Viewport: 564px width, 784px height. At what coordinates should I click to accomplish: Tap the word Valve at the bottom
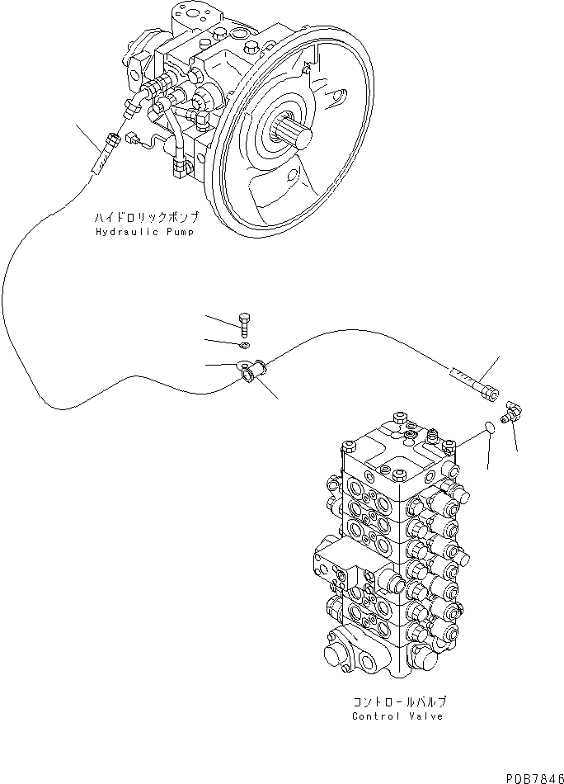click(x=426, y=716)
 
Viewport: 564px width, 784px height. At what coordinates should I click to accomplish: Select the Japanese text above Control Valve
click(x=399, y=702)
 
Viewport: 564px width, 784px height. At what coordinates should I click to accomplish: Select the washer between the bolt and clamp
click(x=245, y=344)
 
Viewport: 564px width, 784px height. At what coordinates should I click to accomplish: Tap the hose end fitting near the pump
click(x=101, y=158)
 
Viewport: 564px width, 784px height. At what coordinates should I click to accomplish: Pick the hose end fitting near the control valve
click(x=473, y=385)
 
